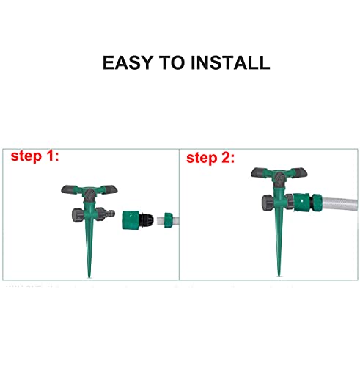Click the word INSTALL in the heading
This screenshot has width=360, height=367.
(229, 62)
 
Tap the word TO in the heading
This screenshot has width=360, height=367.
(174, 62)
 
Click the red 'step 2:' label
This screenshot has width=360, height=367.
(211, 157)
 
